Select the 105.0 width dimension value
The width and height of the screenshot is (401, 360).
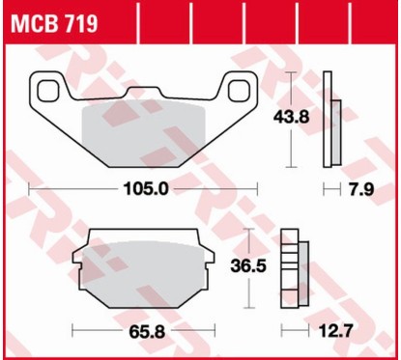tap(145, 190)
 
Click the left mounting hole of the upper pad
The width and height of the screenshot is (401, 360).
tap(48, 90)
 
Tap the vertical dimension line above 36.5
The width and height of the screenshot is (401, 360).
tap(253, 241)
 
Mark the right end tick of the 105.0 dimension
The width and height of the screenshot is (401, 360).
tap(260, 190)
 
